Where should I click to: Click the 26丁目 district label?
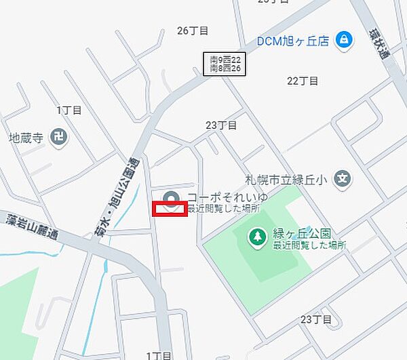(193, 31)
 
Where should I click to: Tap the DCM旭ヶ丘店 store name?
(293, 41)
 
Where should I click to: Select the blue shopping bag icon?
(344, 40)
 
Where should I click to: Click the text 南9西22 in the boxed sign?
(226, 60)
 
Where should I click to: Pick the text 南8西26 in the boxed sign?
(226, 68)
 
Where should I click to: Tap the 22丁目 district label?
(303, 81)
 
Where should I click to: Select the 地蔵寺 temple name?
(26, 138)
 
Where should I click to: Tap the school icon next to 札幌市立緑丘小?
(344, 180)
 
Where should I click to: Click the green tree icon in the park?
(257, 237)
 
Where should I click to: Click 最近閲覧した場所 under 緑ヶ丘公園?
(309, 245)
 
